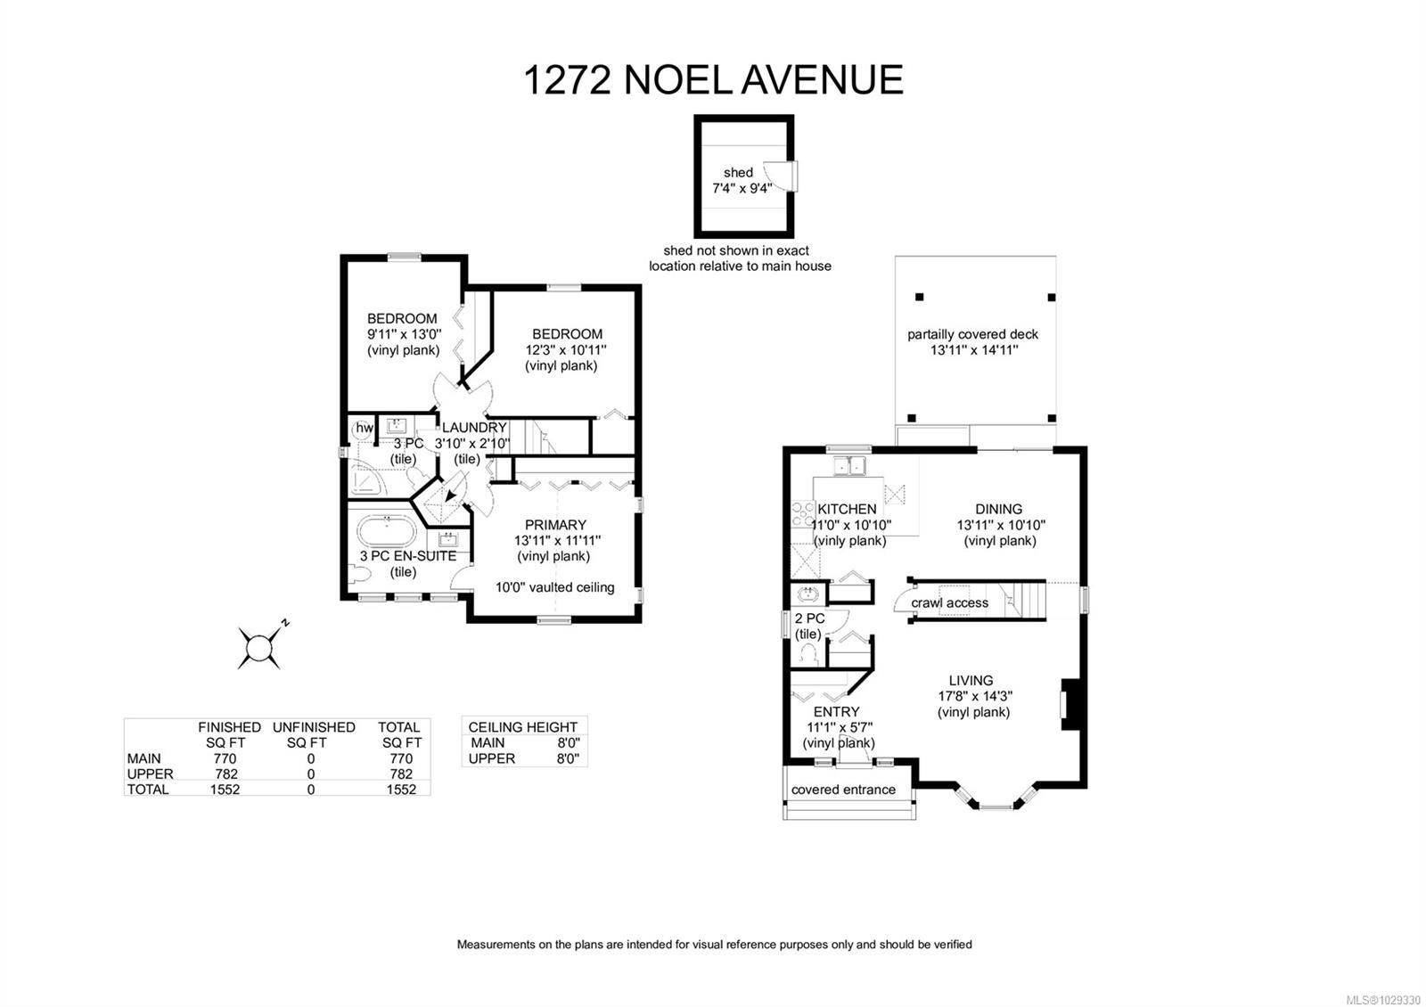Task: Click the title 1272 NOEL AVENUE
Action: coord(713,79)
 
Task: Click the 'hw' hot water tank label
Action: coord(365,429)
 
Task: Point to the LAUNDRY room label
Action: coord(474,428)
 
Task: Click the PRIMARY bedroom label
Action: coord(555,525)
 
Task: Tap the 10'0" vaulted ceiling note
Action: coord(555,587)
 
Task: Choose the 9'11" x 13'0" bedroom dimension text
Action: coord(404,334)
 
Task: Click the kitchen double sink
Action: coord(848,465)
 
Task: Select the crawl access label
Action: coord(949,603)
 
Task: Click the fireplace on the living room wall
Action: coord(1067,705)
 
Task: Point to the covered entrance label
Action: coord(843,790)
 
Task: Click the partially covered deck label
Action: coord(973,334)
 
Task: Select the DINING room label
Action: coord(998,510)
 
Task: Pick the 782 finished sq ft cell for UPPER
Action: coord(225,774)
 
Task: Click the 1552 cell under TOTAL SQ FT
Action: coord(401,790)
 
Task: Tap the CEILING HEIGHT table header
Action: coord(523,727)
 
